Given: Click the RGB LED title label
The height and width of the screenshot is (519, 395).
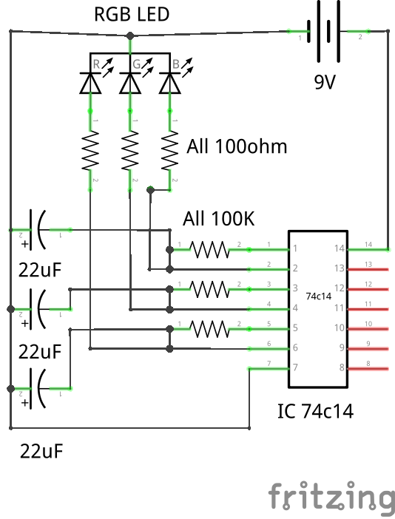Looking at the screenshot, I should [x=131, y=15].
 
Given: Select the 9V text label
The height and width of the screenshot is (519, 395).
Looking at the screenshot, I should [x=325, y=83].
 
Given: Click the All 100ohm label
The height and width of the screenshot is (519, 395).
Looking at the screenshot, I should [x=236, y=146].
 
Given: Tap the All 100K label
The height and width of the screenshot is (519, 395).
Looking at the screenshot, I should [x=218, y=220].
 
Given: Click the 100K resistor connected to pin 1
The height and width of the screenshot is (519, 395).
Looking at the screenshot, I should [x=211, y=249].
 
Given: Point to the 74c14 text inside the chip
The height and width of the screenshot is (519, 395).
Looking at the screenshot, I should [x=318, y=296].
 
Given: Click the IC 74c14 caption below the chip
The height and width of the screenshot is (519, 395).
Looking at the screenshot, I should [x=315, y=411].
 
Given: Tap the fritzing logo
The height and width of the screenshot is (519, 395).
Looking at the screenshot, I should [x=331, y=496].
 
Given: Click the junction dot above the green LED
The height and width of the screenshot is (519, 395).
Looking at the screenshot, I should [x=130, y=35].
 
